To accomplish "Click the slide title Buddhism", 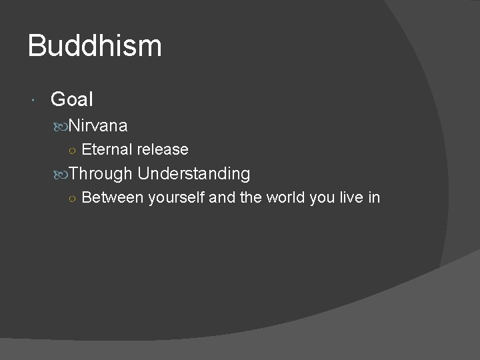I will pos(95,46).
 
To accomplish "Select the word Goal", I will pos(71,100).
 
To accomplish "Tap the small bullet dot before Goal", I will pos(33,101).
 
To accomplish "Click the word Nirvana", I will pos(98,125).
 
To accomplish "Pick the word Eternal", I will pos(107,149).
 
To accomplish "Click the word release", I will pos(163,149).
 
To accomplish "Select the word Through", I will pos(101,174).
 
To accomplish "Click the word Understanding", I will pos(194,174).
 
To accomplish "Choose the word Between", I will pos(113,198).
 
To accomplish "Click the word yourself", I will pos(177,198).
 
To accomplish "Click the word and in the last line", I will pos(222,198).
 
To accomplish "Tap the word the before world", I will pos(252,198).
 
